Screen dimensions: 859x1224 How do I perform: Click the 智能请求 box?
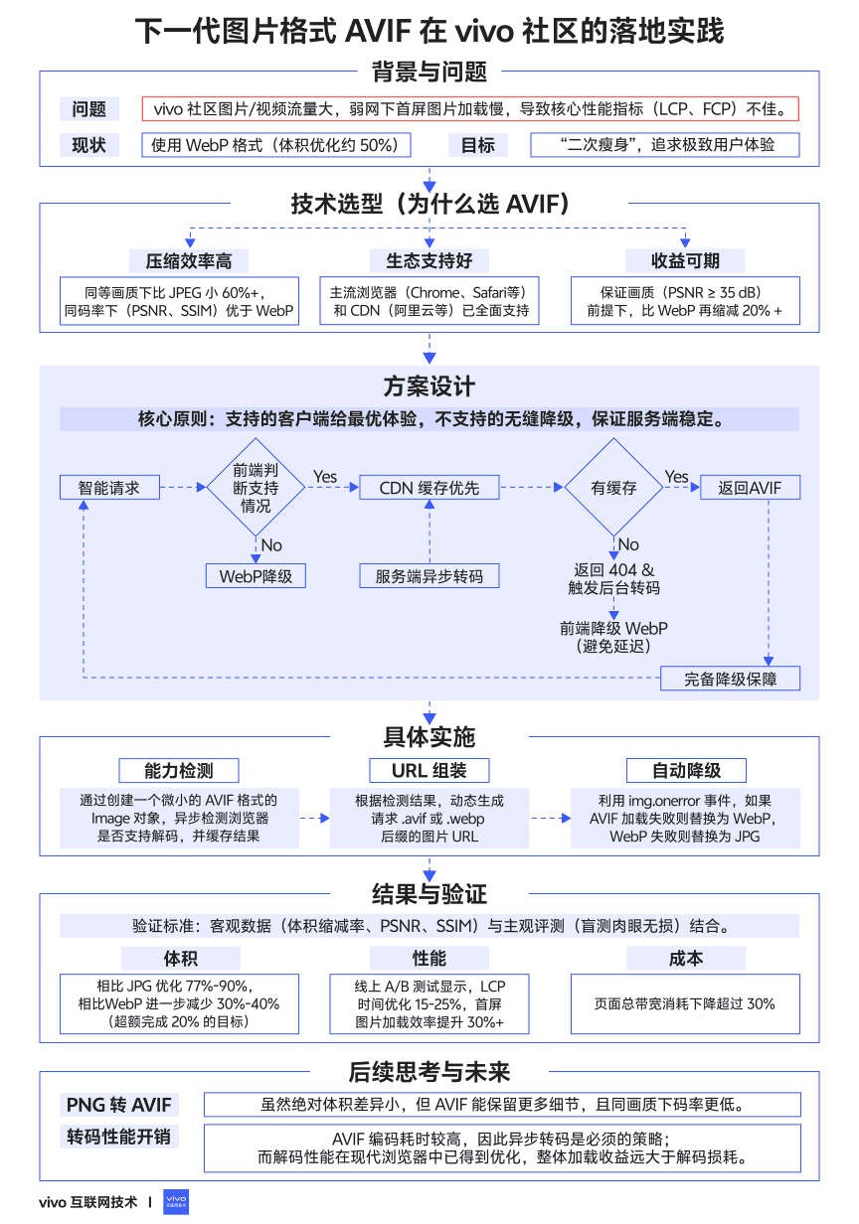point(109,487)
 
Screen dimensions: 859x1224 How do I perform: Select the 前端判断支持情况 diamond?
point(256,487)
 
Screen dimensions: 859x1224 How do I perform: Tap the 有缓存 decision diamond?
point(613,487)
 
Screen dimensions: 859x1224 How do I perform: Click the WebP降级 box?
point(256,576)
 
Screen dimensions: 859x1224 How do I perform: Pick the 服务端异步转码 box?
point(429,576)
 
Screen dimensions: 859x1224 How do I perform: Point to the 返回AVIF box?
point(750,487)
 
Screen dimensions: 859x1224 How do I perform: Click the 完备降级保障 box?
point(730,679)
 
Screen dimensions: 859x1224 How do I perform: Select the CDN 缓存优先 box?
point(429,487)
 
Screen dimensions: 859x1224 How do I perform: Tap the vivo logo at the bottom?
point(176,1202)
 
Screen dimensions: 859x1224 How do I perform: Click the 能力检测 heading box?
point(179,771)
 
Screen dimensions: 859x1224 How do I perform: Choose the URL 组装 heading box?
point(429,771)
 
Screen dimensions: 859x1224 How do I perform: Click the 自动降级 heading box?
point(686,771)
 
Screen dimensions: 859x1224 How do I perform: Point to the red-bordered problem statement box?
point(470,108)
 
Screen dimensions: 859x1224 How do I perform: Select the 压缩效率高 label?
point(189,260)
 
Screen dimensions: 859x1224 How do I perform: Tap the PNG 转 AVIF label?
point(119,1105)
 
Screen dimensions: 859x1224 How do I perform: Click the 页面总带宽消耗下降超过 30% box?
point(685,1003)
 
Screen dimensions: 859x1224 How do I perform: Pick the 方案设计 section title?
point(429,386)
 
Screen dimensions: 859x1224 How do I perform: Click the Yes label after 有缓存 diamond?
point(676,477)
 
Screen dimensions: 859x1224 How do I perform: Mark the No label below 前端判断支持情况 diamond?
point(271,544)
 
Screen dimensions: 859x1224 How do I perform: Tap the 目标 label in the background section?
point(478,145)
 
